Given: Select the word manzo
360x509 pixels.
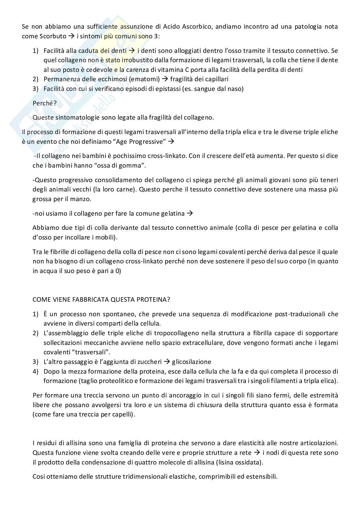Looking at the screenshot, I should click(83, 199).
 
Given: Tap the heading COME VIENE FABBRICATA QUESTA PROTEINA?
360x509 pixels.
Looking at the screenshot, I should click(101, 299).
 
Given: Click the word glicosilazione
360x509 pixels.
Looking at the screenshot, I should click(192, 362).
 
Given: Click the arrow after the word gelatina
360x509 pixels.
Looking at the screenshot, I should click(190, 213).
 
